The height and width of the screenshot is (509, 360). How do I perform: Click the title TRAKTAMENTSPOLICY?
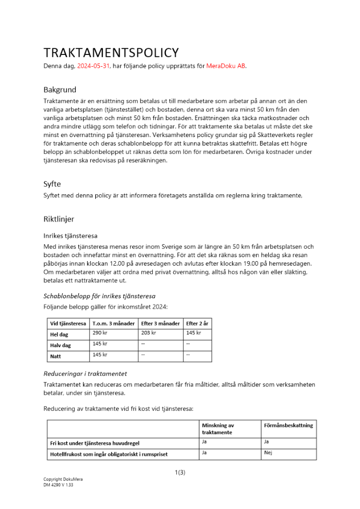tap(111, 53)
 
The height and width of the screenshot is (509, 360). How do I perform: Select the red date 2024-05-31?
tap(93, 66)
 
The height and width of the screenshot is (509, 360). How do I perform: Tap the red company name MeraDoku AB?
tap(226, 66)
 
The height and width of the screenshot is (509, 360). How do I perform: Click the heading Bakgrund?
tap(60, 90)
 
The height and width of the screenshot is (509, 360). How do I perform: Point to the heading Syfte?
tap(52, 184)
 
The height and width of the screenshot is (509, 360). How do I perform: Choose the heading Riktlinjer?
tap(59, 219)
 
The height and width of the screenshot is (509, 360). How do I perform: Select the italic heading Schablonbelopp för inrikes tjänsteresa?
tap(99, 296)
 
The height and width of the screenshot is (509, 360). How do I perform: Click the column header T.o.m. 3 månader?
tap(114, 323)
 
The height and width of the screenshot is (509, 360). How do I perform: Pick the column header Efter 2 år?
tap(197, 323)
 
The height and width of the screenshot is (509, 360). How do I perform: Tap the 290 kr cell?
tap(100, 333)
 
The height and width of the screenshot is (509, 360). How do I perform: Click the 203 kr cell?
tap(148, 333)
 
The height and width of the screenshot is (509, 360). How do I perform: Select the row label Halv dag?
tap(60, 345)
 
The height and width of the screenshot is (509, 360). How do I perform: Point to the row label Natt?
tap(55, 356)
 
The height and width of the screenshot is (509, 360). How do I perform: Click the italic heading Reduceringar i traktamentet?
tap(85, 374)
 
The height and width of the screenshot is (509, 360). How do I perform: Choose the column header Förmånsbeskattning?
tap(289, 425)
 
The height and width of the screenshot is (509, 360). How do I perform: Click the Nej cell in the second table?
tap(269, 453)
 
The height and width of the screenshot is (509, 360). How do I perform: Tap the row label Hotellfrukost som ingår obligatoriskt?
tap(108, 454)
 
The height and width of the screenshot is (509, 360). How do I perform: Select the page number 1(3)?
tap(180, 472)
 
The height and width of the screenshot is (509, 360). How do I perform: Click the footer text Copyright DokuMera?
tap(60, 479)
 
